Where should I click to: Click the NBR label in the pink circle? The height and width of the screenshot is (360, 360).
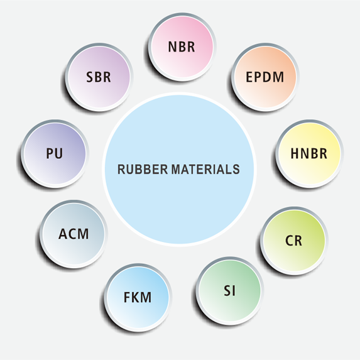182,47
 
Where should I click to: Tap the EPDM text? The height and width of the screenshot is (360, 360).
265,77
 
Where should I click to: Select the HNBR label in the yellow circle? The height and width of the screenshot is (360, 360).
309,153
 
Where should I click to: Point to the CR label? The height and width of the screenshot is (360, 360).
293,241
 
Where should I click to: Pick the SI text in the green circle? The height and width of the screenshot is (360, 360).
229,291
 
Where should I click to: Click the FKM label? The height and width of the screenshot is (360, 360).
138,297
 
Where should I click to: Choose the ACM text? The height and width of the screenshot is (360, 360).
74,234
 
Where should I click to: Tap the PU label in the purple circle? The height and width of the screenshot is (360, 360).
55,153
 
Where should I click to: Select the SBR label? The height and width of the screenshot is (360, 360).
99,77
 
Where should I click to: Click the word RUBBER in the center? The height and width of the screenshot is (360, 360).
143,170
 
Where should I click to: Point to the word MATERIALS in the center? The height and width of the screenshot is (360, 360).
205,170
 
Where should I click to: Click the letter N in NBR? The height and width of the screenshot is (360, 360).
172,47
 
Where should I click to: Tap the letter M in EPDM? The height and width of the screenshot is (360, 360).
279,77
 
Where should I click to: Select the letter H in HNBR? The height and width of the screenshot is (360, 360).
295,153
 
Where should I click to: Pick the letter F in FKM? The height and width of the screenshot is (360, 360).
127,297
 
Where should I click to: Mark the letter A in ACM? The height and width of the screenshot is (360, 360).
63,234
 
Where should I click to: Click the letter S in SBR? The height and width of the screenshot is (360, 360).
90,77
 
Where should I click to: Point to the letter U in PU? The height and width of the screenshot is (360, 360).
59,153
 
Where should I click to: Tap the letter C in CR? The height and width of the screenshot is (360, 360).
289,241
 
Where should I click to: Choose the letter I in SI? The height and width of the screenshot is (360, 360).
234,291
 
